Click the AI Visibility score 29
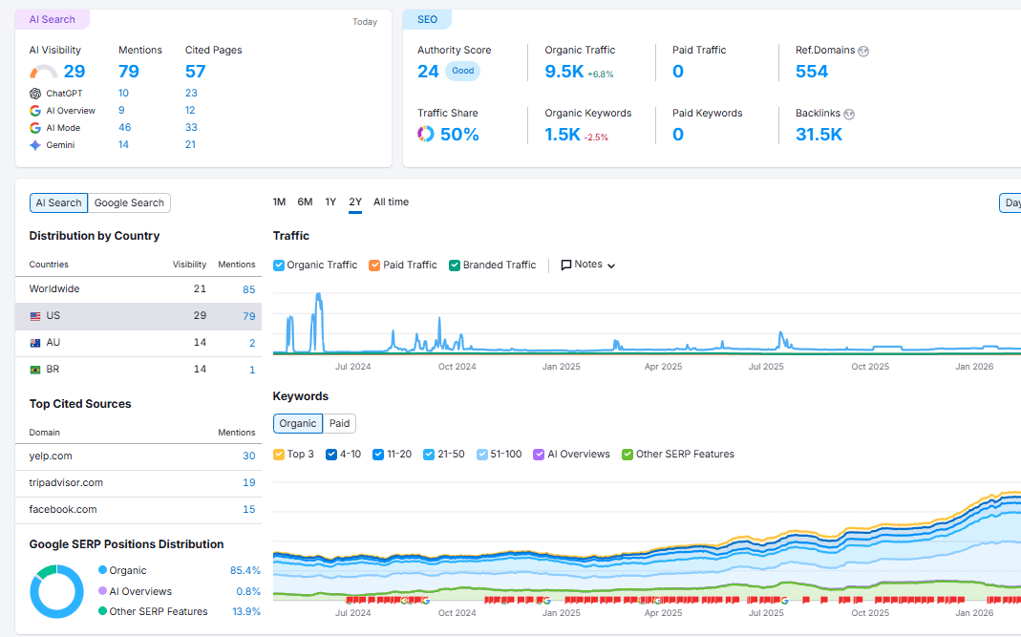click(x=74, y=72)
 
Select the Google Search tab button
click(x=129, y=202)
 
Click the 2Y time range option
click(x=355, y=202)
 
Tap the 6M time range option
click(x=305, y=202)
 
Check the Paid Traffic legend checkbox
click(x=374, y=265)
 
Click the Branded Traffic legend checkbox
click(x=455, y=265)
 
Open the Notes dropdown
click(x=587, y=265)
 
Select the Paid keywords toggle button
click(x=339, y=423)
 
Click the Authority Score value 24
click(x=428, y=72)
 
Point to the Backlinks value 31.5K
click(x=819, y=135)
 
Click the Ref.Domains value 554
click(x=811, y=72)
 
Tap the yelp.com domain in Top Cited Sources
click(x=51, y=456)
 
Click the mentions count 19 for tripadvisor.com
click(x=248, y=482)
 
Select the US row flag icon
click(x=35, y=316)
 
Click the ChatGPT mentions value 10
click(x=123, y=93)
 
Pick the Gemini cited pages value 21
click(x=191, y=144)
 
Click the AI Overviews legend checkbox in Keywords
click(x=539, y=455)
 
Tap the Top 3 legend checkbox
click(x=279, y=455)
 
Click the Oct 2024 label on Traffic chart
click(x=457, y=366)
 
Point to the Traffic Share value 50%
click(x=458, y=135)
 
